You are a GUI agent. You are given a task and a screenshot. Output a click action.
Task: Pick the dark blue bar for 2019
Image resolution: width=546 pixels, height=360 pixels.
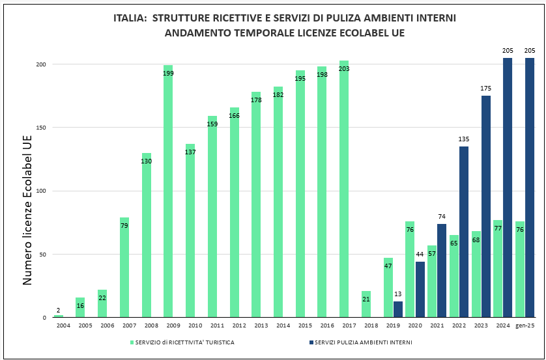[x=398, y=309]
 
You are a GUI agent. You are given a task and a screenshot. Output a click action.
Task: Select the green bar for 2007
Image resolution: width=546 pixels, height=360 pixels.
[x=124, y=268]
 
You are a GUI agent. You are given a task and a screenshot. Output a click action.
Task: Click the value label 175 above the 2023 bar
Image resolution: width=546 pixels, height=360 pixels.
[x=485, y=89]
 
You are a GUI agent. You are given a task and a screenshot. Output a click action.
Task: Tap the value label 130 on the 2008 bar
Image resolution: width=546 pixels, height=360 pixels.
[x=147, y=161]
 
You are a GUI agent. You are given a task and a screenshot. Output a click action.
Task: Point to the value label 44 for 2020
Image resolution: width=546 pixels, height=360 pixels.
[x=420, y=255]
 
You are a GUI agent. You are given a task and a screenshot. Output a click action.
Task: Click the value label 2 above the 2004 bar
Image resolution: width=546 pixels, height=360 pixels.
[x=59, y=310]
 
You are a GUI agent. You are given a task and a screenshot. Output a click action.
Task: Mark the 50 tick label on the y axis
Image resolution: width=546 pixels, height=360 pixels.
[x=42, y=255]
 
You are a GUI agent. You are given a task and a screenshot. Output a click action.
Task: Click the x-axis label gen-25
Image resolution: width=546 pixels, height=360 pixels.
[x=524, y=325]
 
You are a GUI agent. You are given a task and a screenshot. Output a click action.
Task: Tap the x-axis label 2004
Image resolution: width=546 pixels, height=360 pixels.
[x=63, y=325]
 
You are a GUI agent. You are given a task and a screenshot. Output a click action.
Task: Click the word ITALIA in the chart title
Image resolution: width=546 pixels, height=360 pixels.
[x=129, y=18]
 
